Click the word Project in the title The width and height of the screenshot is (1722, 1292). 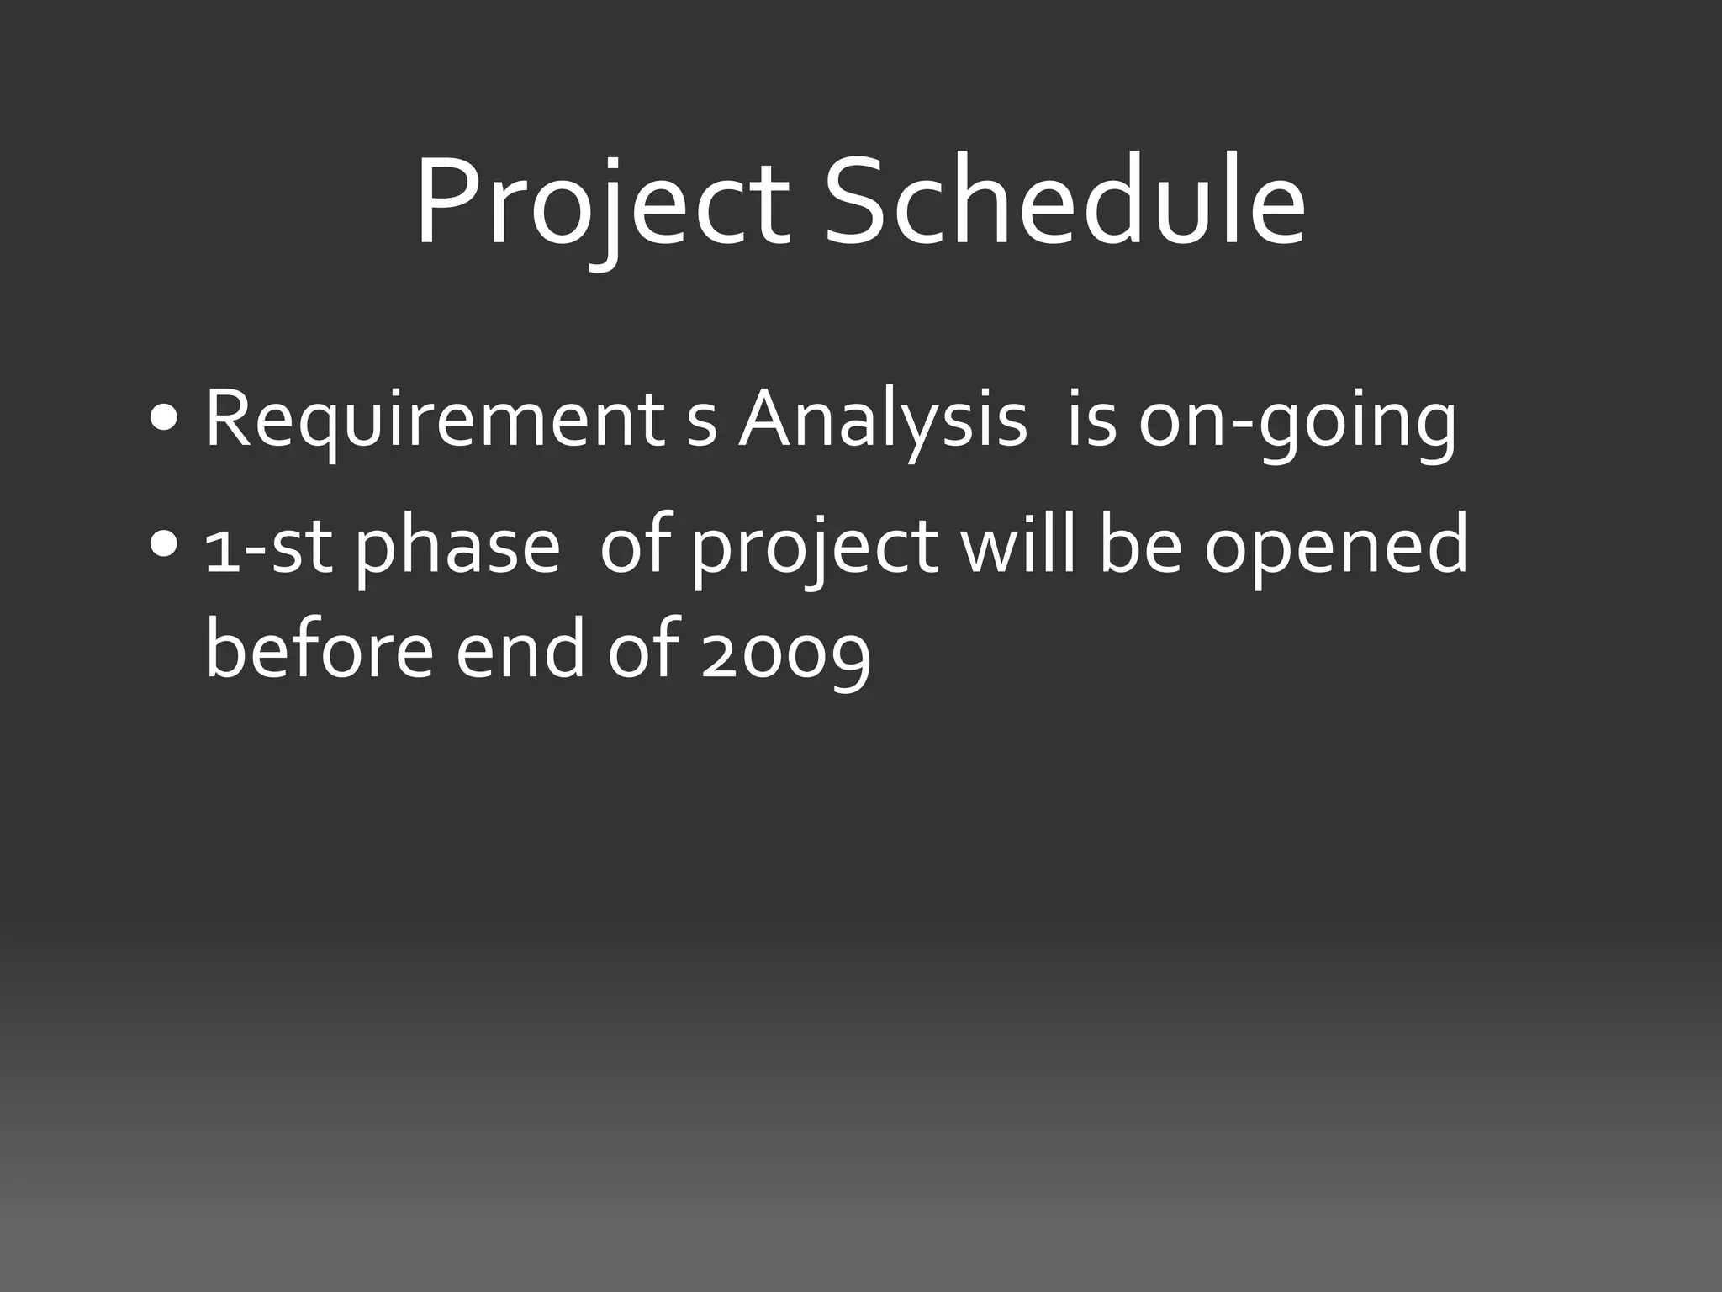[x=602, y=207]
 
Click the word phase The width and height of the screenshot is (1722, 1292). [x=457, y=551]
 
